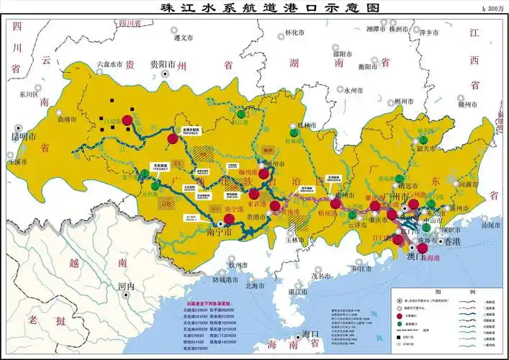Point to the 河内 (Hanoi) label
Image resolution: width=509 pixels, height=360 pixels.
coord(126,286)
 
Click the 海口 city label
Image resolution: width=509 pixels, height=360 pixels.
coord(310,333)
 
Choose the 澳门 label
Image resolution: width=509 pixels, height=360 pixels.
coord(410,256)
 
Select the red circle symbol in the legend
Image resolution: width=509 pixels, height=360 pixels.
coord(400,315)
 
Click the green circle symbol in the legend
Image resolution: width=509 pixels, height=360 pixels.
coord(400,323)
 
